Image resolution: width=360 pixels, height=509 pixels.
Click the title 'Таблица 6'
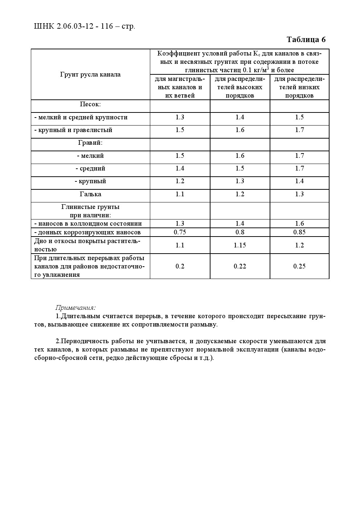[306, 40]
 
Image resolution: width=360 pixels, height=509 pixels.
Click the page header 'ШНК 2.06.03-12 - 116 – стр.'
[84, 26]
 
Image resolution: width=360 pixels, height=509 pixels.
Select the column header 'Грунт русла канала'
[90, 74]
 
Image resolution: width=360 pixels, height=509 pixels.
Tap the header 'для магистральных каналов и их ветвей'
[180, 87]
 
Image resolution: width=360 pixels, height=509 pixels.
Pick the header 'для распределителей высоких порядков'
[240, 87]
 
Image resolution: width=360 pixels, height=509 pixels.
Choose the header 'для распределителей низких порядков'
[299, 87]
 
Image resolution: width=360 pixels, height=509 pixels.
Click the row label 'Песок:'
[90, 104]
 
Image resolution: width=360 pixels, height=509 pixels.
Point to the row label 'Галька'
[90, 194]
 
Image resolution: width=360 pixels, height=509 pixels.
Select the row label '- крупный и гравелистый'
[73, 130]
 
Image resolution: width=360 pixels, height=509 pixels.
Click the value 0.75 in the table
[180, 232]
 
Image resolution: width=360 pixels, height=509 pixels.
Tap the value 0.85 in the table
[299, 232]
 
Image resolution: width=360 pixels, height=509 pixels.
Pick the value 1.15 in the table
[240, 245]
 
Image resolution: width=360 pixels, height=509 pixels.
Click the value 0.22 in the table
[240, 266]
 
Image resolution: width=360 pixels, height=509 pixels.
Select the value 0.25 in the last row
[299, 266]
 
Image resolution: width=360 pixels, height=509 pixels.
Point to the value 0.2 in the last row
[180, 266]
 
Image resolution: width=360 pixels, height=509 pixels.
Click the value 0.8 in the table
[240, 232]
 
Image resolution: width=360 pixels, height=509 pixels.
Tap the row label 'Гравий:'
[90, 143]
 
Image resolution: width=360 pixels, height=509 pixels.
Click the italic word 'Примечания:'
[75, 308]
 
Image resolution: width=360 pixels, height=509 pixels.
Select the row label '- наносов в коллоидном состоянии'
[88, 223]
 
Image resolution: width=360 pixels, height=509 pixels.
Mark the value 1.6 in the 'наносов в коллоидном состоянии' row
[299, 223]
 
